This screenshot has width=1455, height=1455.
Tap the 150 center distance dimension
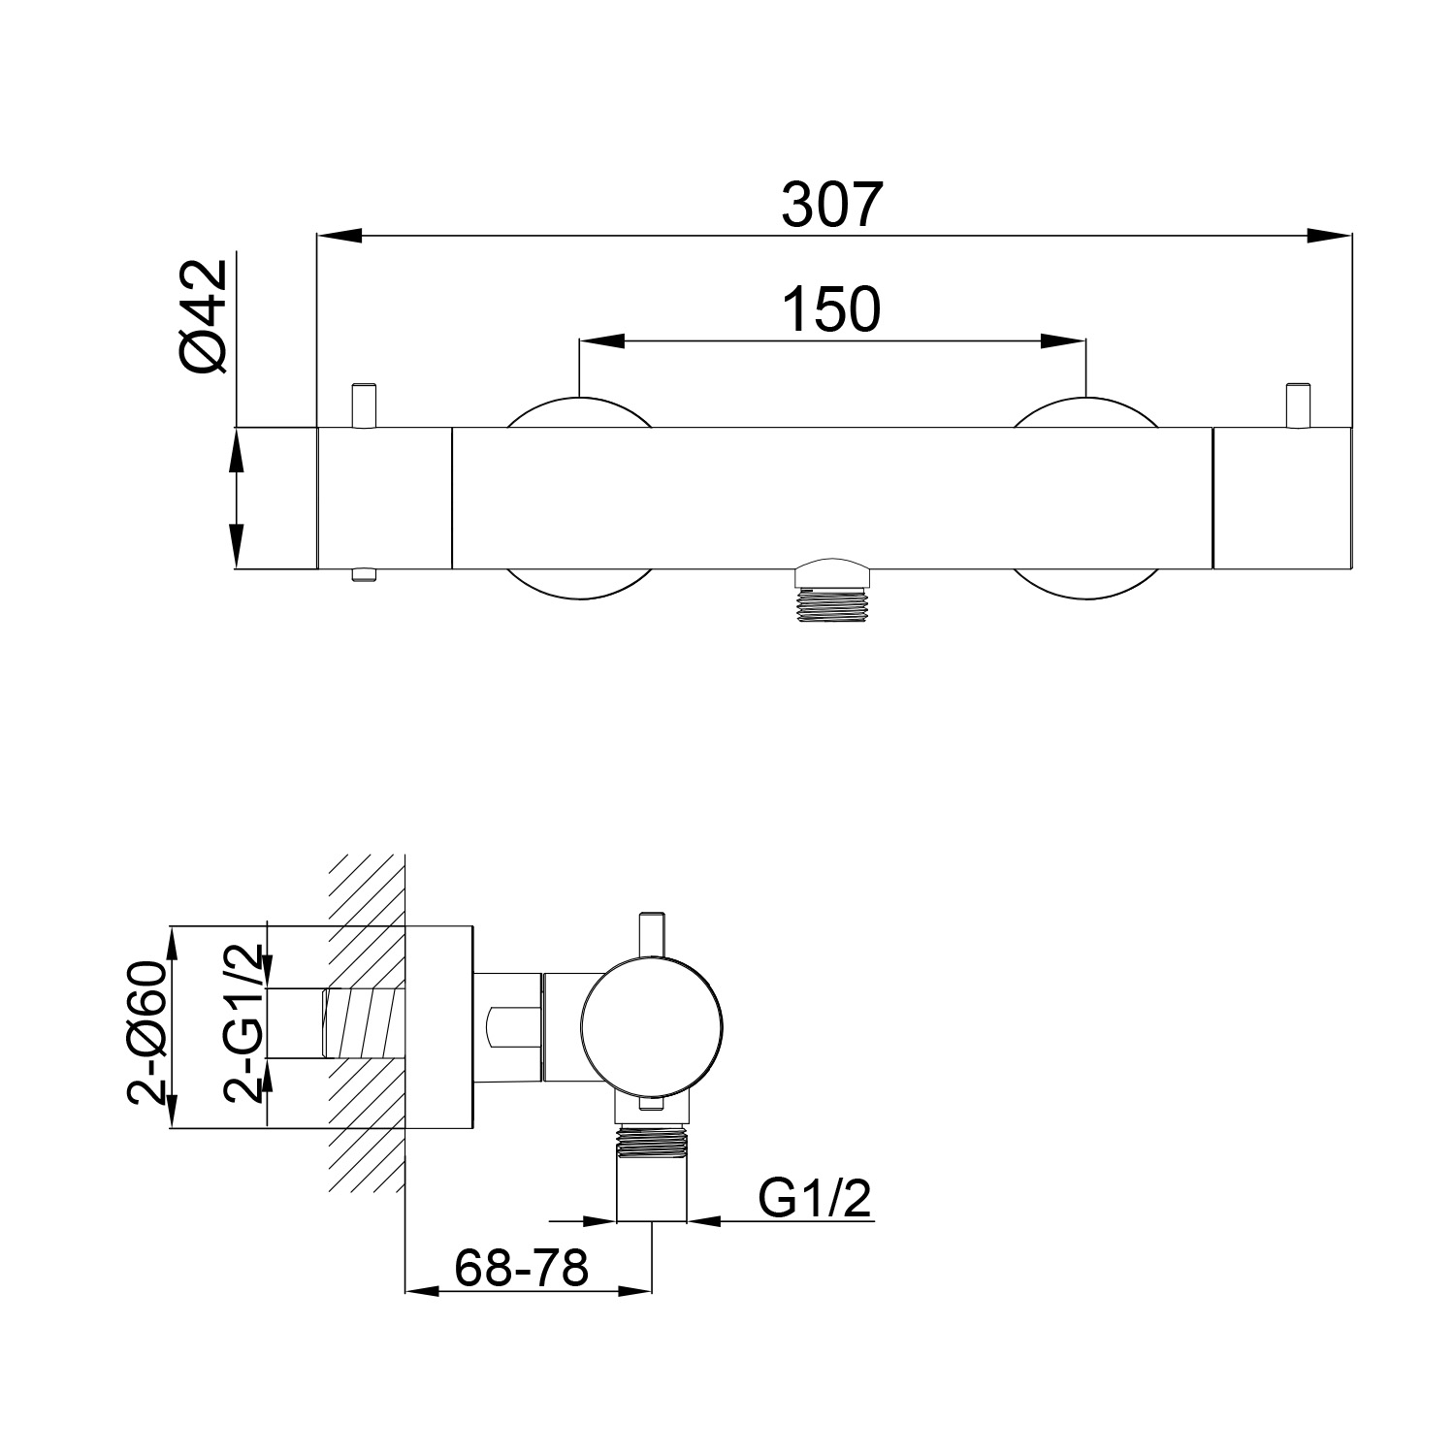[x=832, y=309]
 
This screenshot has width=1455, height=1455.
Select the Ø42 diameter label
[x=204, y=316]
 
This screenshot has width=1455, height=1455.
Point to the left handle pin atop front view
[x=363, y=405]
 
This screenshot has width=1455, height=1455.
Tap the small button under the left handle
[x=364, y=575]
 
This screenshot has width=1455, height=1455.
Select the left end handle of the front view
[x=385, y=498]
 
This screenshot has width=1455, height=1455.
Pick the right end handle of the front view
[x=1281, y=498]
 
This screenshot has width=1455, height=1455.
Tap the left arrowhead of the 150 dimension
[x=599, y=340]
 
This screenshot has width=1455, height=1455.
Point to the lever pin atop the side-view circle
[x=651, y=937]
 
